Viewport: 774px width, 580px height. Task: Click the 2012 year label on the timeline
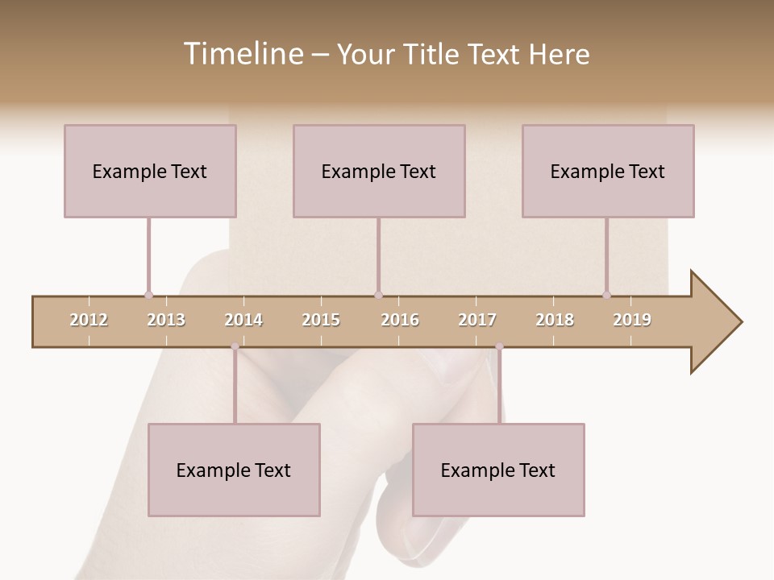pos(89,320)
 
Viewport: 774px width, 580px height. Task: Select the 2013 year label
pos(166,320)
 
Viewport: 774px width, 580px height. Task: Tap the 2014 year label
pos(243,320)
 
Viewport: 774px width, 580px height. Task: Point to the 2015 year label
pos(321,320)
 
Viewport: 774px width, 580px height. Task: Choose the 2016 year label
pos(400,320)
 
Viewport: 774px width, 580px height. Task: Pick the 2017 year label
pos(477,320)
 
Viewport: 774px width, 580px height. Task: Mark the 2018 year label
pos(555,320)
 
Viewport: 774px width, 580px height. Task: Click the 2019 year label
pos(632,320)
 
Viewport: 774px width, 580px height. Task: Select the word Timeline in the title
pos(242,54)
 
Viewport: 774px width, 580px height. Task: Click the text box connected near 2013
pos(150,171)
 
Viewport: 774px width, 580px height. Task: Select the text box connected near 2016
pos(379,171)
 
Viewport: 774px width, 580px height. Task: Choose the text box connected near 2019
pos(608,171)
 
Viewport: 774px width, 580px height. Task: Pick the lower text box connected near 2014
pos(234,470)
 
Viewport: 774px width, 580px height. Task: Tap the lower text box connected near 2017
pos(498,470)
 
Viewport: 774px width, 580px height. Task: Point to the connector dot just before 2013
pos(148,295)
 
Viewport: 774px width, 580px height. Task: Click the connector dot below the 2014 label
pos(235,346)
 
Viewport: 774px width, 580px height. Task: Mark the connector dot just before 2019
pos(606,295)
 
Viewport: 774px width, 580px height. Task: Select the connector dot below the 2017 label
pos(499,346)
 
